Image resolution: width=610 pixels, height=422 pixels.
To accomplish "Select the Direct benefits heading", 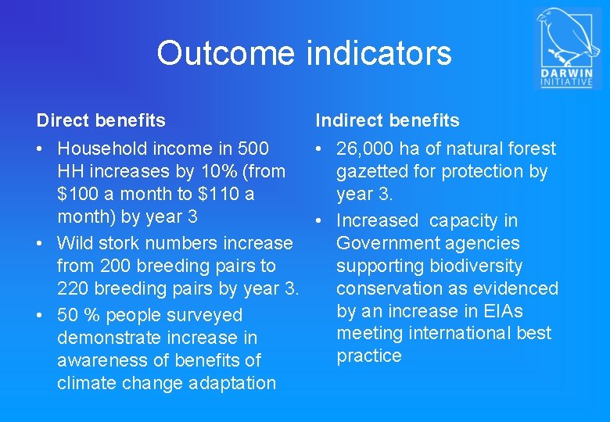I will click(x=101, y=120).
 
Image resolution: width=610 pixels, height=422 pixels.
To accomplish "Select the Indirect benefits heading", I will click(x=387, y=120).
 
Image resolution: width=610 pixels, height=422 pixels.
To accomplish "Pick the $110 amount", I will click(x=219, y=194).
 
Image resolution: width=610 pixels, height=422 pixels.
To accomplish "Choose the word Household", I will click(x=101, y=148).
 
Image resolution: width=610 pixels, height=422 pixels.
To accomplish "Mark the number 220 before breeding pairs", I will click(x=73, y=289).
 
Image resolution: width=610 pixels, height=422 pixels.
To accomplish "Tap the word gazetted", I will click(x=373, y=171).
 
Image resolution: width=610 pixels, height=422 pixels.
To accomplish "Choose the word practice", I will click(x=369, y=356).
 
